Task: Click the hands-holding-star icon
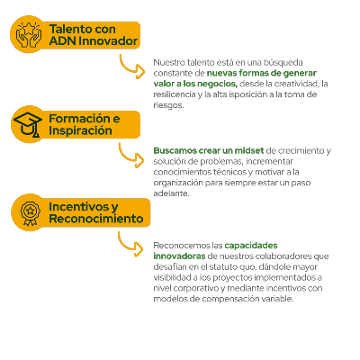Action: pyautogui.click(x=29, y=34)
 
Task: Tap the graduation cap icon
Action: pyautogui.click(x=28, y=124)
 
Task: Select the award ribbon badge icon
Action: pyautogui.click(x=30, y=212)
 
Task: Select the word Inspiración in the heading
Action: pyautogui.click(x=80, y=130)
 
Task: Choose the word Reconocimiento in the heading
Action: pyautogui.click(x=96, y=219)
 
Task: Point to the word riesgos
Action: pyautogui.click(x=168, y=105)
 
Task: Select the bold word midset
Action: pyautogui.click(x=249, y=150)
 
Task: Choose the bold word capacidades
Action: pyautogui.click(x=251, y=246)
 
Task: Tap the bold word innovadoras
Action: pyautogui.click(x=179, y=256)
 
